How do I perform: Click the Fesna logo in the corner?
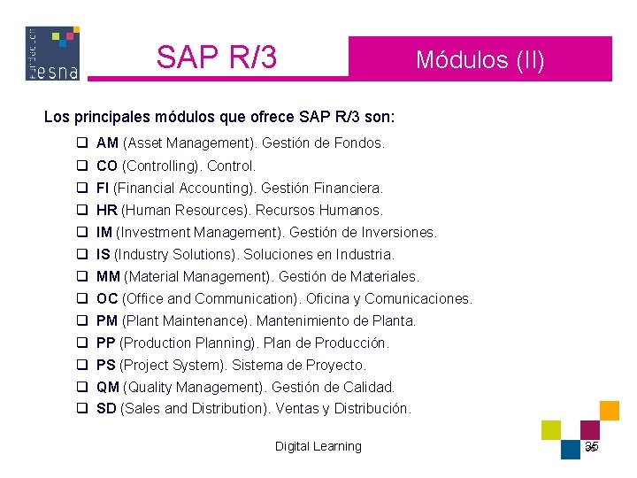pyautogui.click(x=52, y=53)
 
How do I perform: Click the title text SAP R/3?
pyautogui.click(x=216, y=58)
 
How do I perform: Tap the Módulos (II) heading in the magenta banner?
pyautogui.click(x=480, y=60)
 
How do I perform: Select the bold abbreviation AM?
pyautogui.click(x=107, y=143)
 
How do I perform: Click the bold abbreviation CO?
pyautogui.click(x=107, y=166)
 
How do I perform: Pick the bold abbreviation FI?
pyautogui.click(x=103, y=188)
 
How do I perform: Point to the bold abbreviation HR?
pyautogui.click(x=106, y=210)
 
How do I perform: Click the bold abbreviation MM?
pyautogui.click(x=108, y=276)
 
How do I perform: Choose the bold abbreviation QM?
pyautogui.click(x=108, y=387)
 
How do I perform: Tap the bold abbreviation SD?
pyautogui.click(x=106, y=409)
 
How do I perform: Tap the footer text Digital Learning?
pyautogui.click(x=318, y=446)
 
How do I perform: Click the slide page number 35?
pyautogui.click(x=592, y=446)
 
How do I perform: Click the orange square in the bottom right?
pyautogui.click(x=609, y=410)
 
